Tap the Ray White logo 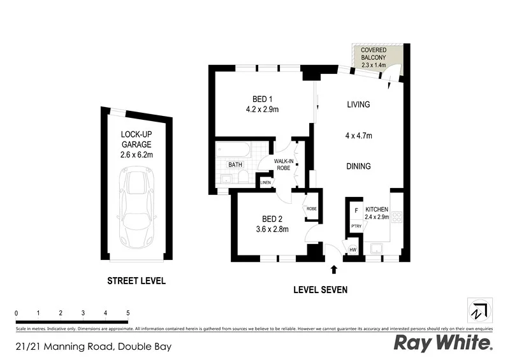pos(443,343)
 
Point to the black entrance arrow pos(333,271)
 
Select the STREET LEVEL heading pos(136,281)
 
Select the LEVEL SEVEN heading pos(320,289)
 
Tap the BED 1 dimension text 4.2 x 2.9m pos(262,109)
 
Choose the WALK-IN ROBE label pos(283,165)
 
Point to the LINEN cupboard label pos(266,183)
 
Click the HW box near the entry pos(353,250)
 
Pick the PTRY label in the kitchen pos(356,226)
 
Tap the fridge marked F pos(356,210)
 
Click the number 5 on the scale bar pos(128,313)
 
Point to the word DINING pos(359,166)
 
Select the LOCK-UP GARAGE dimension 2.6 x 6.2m pos(136,154)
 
